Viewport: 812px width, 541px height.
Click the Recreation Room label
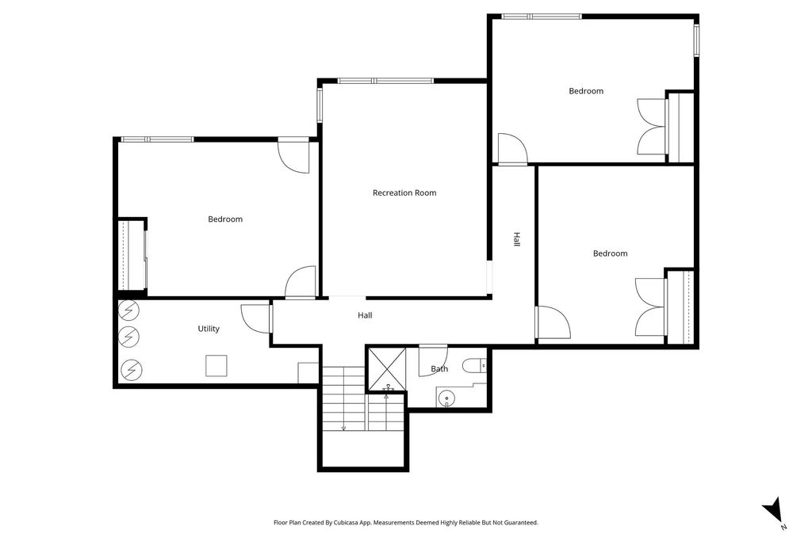click(x=404, y=192)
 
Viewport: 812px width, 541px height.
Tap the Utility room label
click(x=209, y=329)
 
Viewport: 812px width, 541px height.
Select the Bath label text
click(x=439, y=369)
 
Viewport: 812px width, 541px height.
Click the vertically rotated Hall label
click(x=516, y=239)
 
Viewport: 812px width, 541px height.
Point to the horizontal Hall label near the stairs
click(x=365, y=315)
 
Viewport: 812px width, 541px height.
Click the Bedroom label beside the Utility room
click(x=225, y=219)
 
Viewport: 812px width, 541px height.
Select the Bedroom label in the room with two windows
click(x=586, y=91)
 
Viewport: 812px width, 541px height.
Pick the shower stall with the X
click(x=386, y=368)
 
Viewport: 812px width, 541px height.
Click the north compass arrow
click(x=772, y=511)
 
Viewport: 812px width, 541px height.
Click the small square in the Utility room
click(x=216, y=365)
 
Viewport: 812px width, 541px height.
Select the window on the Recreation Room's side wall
click(x=320, y=103)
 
